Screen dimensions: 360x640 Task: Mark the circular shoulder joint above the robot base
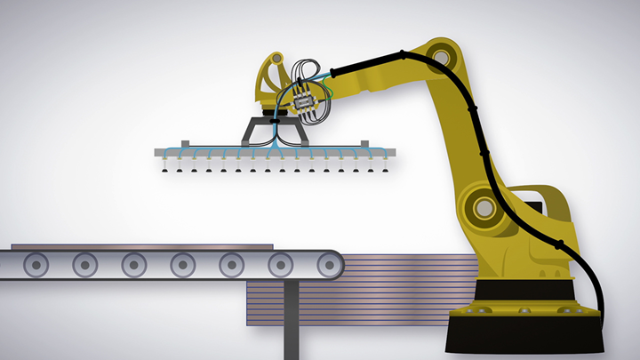point(483,208)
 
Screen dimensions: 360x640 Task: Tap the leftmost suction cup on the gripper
point(165,169)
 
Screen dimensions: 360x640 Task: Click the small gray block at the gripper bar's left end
point(184,144)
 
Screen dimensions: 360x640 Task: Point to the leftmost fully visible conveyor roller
point(36,263)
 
